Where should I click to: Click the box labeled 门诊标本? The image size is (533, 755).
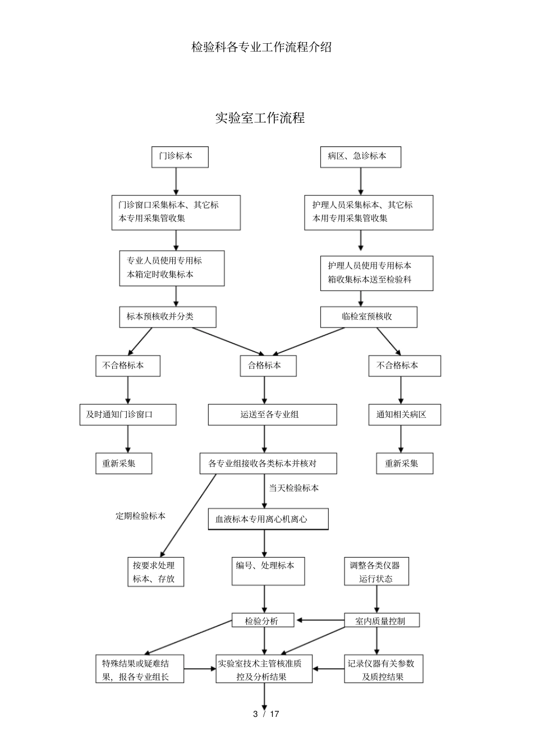pos(180,156)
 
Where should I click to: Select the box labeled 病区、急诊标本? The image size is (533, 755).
pos(360,156)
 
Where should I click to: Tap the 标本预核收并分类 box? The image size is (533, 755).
pos(167,316)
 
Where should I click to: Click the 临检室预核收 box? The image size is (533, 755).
pos(368,316)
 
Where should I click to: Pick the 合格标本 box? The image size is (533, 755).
pos(268,365)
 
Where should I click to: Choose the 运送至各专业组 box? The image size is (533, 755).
pos(272,415)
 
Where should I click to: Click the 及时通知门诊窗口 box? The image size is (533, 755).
pos(127,415)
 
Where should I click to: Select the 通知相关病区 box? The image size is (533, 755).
pos(404,415)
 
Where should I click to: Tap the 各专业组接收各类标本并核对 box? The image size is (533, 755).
pos(268,463)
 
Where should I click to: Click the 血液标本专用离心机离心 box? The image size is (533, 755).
pos(268,519)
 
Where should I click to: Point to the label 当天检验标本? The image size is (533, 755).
pos(293,488)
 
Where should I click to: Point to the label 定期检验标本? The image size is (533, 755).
pos(140,515)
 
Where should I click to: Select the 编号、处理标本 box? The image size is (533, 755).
pos(268,571)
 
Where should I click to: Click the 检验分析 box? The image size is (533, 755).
pos(264,620)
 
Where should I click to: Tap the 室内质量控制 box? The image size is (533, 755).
pos(382,620)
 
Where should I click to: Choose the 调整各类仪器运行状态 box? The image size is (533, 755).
pos(376,572)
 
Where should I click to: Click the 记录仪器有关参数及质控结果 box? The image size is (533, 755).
pos(383,669)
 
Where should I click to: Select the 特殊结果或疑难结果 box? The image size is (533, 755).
pos(140,669)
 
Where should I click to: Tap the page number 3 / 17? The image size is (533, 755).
pos(266,714)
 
